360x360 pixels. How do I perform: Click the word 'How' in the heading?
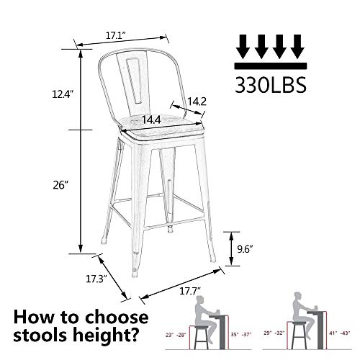[32, 317]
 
